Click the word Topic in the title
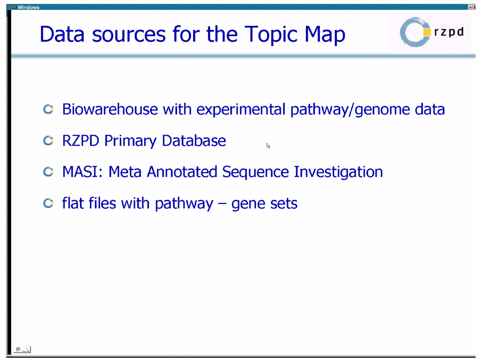point(271,35)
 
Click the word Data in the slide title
point(62,34)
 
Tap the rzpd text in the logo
point(449,32)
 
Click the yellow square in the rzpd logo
point(427,32)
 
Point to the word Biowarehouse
point(110,109)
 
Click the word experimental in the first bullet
point(240,110)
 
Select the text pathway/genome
point(349,110)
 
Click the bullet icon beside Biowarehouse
point(48,109)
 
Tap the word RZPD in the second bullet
point(80,141)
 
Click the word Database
point(194,141)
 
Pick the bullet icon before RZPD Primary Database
point(48,140)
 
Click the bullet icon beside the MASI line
point(48,172)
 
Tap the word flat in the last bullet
point(73,203)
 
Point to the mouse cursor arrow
point(268,145)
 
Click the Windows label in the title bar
point(28,7)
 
